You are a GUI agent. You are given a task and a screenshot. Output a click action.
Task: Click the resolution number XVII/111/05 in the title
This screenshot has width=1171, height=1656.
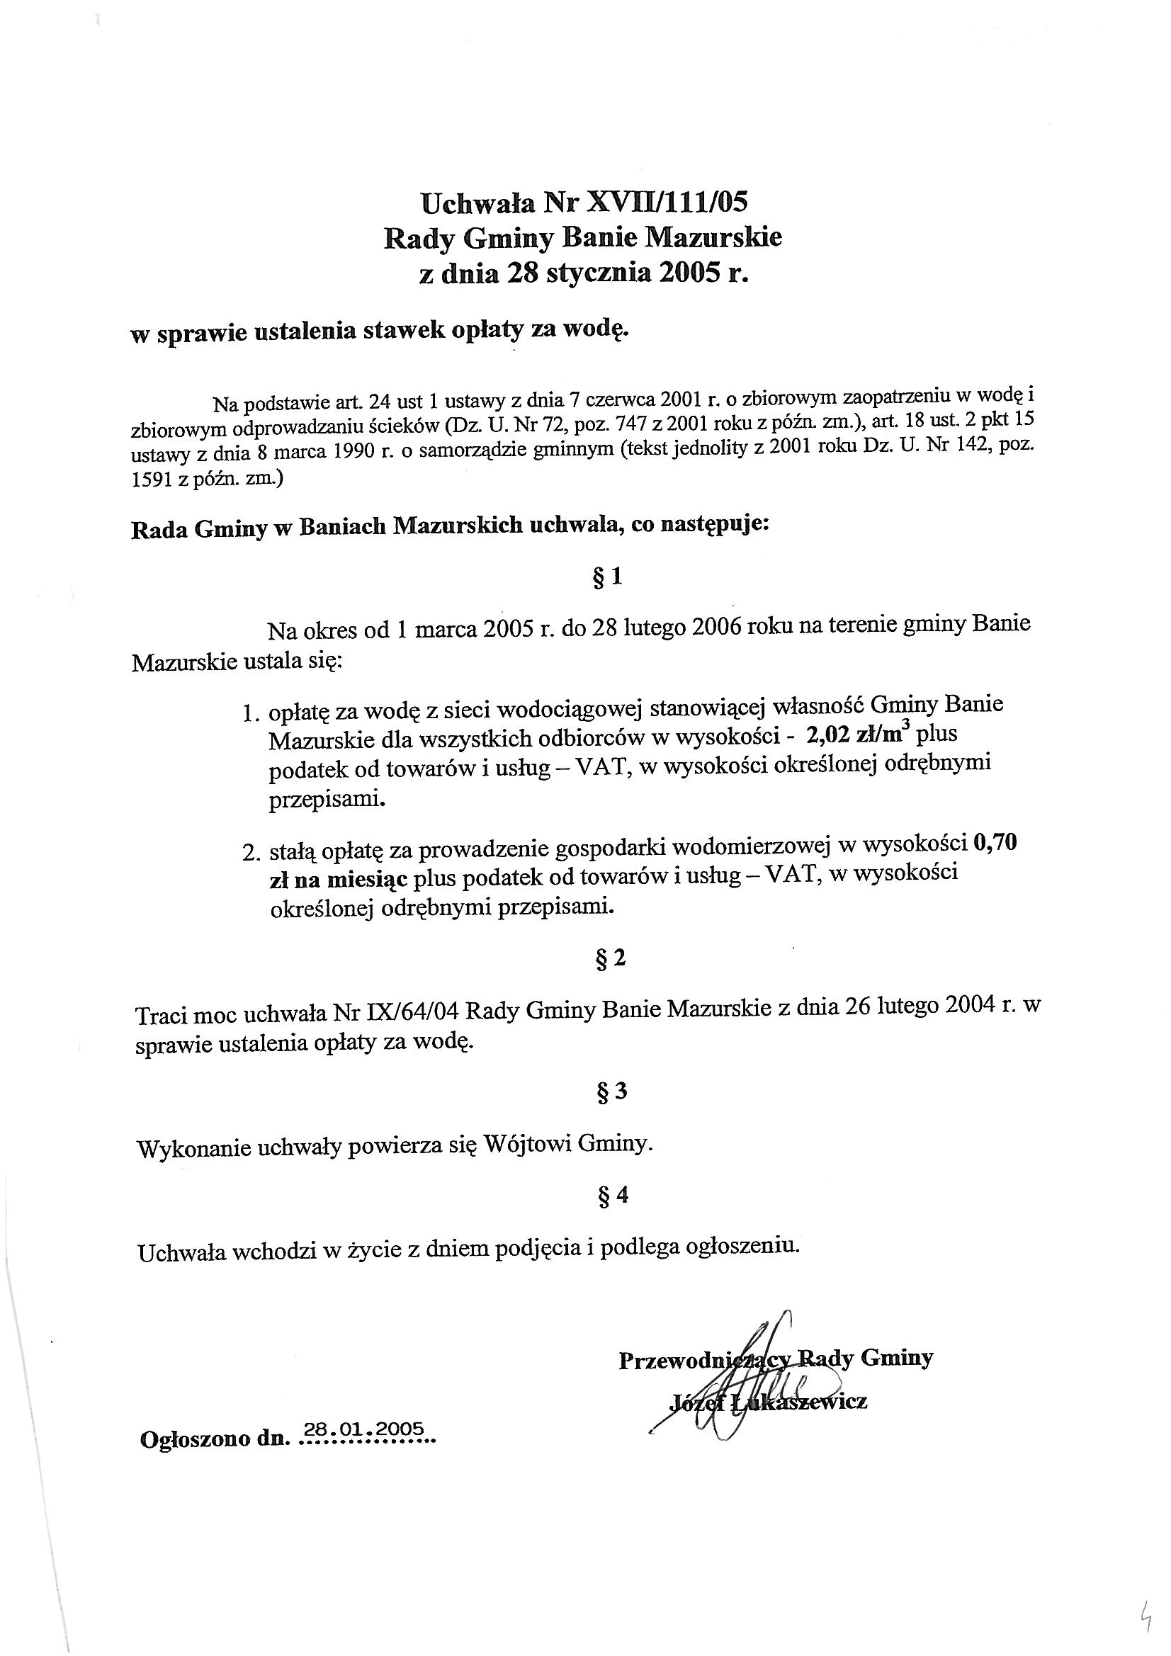tap(665, 203)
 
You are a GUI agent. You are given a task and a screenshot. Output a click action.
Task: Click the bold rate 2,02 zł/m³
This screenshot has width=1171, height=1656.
tap(857, 736)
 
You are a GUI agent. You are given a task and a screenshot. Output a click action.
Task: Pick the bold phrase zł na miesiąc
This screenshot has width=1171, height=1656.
tap(339, 880)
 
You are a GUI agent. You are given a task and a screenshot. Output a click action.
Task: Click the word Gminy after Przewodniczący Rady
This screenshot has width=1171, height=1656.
tap(897, 1358)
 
